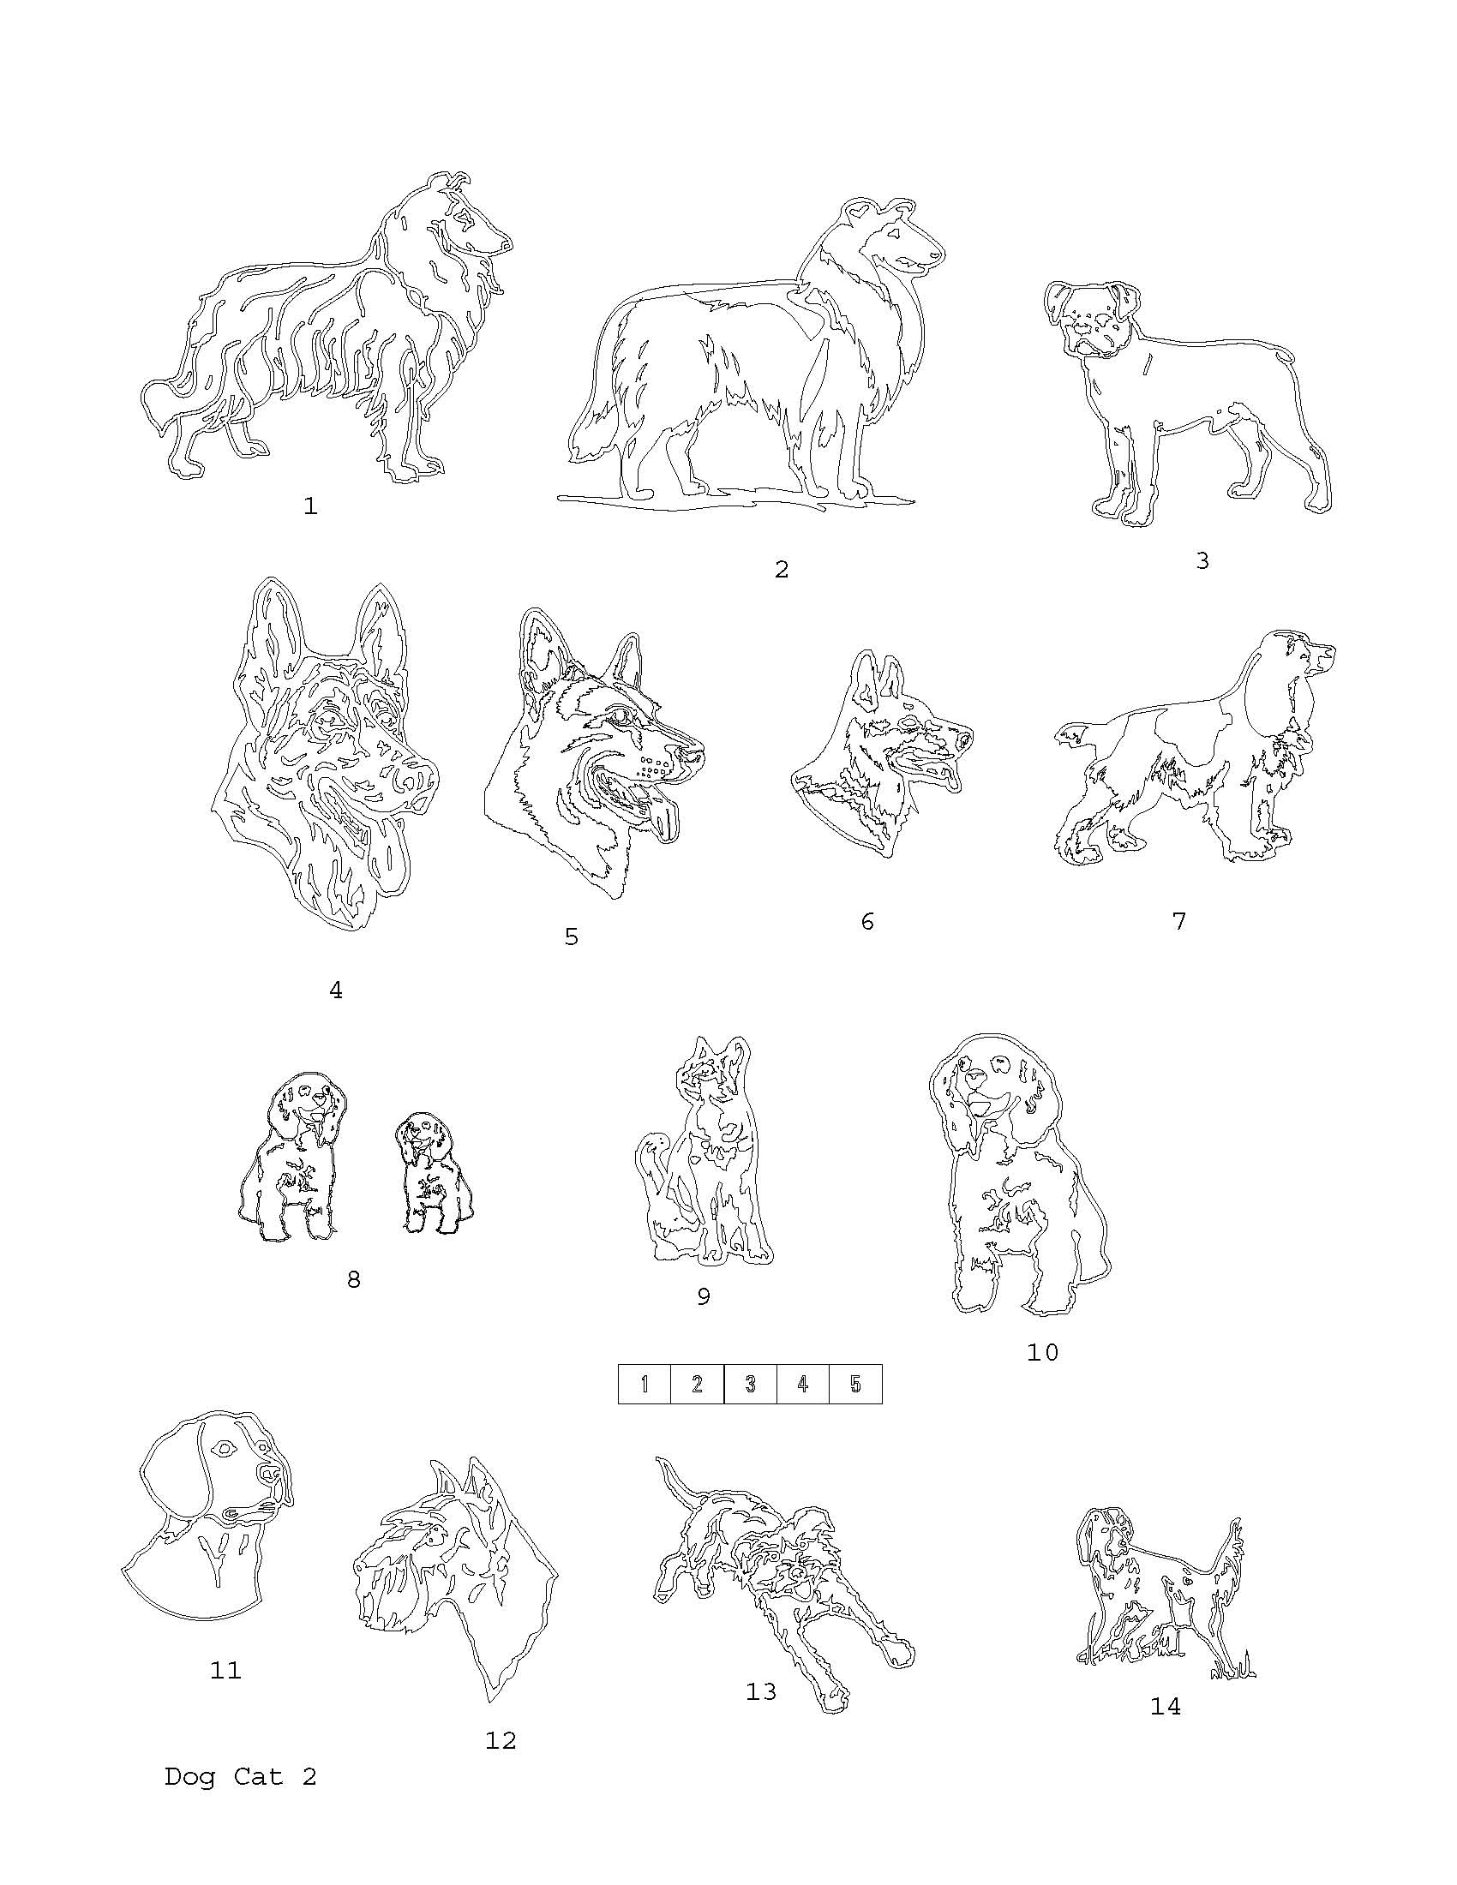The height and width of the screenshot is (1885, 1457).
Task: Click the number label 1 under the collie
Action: [311, 506]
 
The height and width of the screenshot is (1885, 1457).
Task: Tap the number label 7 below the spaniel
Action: [1179, 921]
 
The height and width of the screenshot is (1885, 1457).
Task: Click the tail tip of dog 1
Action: [152, 402]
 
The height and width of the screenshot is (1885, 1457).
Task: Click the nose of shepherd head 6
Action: [964, 738]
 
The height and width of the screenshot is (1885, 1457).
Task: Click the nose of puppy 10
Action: [975, 1078]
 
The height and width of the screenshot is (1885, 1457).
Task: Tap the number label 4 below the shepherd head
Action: [336, 990]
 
